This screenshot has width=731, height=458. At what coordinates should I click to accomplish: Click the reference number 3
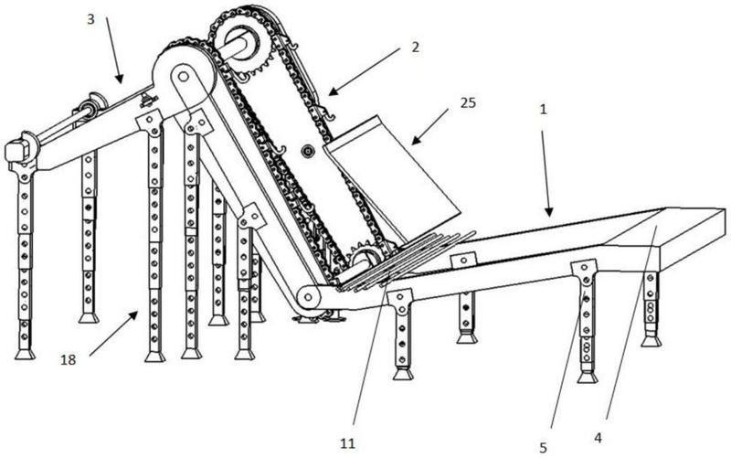(90, 19)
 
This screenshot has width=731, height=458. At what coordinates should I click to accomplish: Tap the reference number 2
(415, 48)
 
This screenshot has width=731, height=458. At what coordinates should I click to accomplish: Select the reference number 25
(468, 102)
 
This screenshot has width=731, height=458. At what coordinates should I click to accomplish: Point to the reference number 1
(542, 110)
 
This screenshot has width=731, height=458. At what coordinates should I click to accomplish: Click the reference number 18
(68, 359)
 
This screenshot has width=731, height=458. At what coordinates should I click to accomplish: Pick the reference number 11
(347, 443)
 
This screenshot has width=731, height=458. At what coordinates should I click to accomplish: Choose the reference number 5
(543, 448)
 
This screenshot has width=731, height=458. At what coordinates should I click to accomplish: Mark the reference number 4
(598, 438)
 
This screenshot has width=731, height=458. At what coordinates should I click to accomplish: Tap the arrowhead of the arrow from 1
(549, 212)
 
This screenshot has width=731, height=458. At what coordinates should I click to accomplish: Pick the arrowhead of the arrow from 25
(416, 140)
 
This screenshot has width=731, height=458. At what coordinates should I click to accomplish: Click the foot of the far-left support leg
(25, 354)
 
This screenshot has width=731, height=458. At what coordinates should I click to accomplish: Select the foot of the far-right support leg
(651, 341)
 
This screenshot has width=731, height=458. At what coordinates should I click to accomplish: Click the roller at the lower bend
(308, 296)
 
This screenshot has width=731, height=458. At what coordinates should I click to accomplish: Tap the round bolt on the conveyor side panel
(308, 150)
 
